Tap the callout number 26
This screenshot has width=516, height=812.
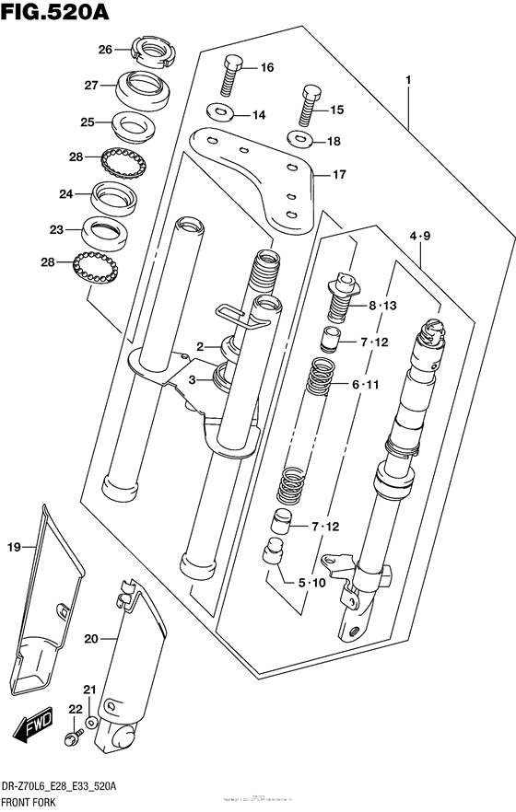coord(106,49)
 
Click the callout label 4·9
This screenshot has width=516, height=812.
coord(419,238)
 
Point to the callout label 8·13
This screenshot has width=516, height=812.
coord(382,306)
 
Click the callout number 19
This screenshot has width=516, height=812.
coord(14,549)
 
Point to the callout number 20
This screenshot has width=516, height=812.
coord(89,639)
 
